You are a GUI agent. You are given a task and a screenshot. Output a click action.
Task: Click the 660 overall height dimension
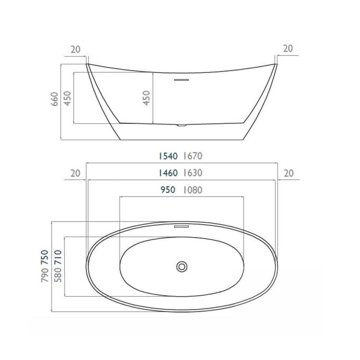coord(54,99)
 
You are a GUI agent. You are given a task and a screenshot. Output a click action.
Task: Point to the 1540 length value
coord(168,156)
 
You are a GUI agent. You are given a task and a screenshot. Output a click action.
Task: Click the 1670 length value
coord(193,156)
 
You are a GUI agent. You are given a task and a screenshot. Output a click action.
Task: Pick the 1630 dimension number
coord(193,173)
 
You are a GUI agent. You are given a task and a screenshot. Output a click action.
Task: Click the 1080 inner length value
coord(193,190)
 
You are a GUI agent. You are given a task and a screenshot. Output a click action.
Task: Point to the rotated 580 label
coord(58,275)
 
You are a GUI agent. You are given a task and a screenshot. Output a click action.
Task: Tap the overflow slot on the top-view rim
coord(182,226)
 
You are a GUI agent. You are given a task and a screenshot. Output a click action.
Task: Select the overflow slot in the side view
coord(182,80)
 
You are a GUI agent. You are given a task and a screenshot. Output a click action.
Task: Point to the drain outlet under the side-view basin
coord(182,125)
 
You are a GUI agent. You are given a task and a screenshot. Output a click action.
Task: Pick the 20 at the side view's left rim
coord(76,49)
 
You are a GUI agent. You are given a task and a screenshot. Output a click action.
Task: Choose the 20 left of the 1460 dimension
coord(75,173)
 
